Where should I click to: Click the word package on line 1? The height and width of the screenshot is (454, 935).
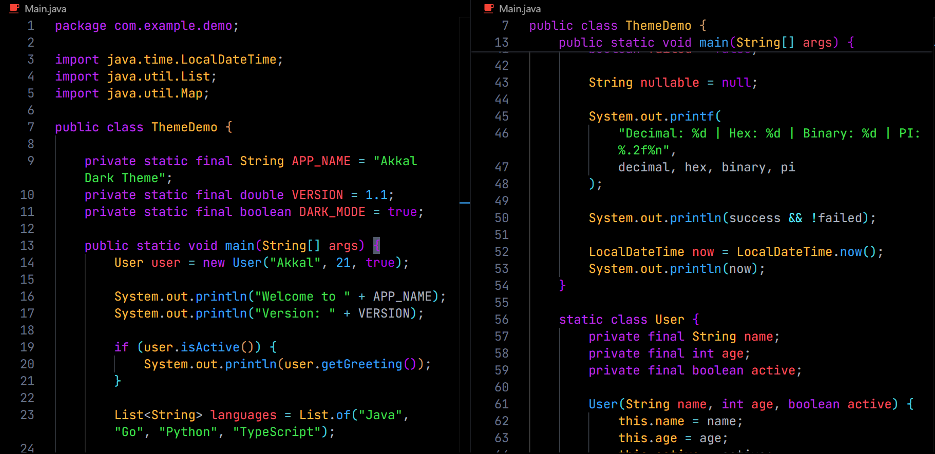pyautogui.click(x=81, y=26)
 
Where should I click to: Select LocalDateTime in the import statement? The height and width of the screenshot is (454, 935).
pyautogui.click(x=229, y=60)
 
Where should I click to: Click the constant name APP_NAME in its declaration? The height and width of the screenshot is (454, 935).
pyautogui.click(x=321, y=161)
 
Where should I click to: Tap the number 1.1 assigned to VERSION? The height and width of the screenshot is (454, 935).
pyautogui.click(x=376, y=195)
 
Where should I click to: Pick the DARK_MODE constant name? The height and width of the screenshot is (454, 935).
pyautogui.click(x=332, y=212)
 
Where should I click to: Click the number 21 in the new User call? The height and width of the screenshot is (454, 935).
pyautogui.click(x=343, y=263)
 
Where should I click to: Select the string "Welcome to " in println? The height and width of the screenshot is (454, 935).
pyautogui.click(x=303, y=297)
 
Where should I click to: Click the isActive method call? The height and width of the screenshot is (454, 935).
pyautogui.click(x=210, y=347)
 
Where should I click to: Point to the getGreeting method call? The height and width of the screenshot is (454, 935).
pyautogui.click(x=362, y=364)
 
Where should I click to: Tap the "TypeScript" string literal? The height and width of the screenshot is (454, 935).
pyautogui.click(x=277, y=432)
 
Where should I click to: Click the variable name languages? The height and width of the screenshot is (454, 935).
pyautogui.click(x=243, y=415)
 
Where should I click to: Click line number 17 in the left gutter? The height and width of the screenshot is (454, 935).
pyautogui.click(x=27, y=313)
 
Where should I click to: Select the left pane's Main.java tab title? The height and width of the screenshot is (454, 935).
pyautogui.click(x=45, y=9)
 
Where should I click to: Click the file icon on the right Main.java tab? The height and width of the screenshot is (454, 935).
pyautogui.click(x=489, y=8)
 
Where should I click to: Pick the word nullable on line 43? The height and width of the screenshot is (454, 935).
pyautogui.click(x=670, y=83)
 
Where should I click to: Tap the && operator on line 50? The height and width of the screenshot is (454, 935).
pyautogui.click(x=795, y=218)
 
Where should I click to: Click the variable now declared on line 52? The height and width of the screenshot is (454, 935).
pyautogui.click(x=703, y=252)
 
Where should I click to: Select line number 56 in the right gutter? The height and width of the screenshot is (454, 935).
pyautogui.click(x=502, y=320)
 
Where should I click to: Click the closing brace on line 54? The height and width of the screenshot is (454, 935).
pyautogui.click(x=562, y=286)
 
